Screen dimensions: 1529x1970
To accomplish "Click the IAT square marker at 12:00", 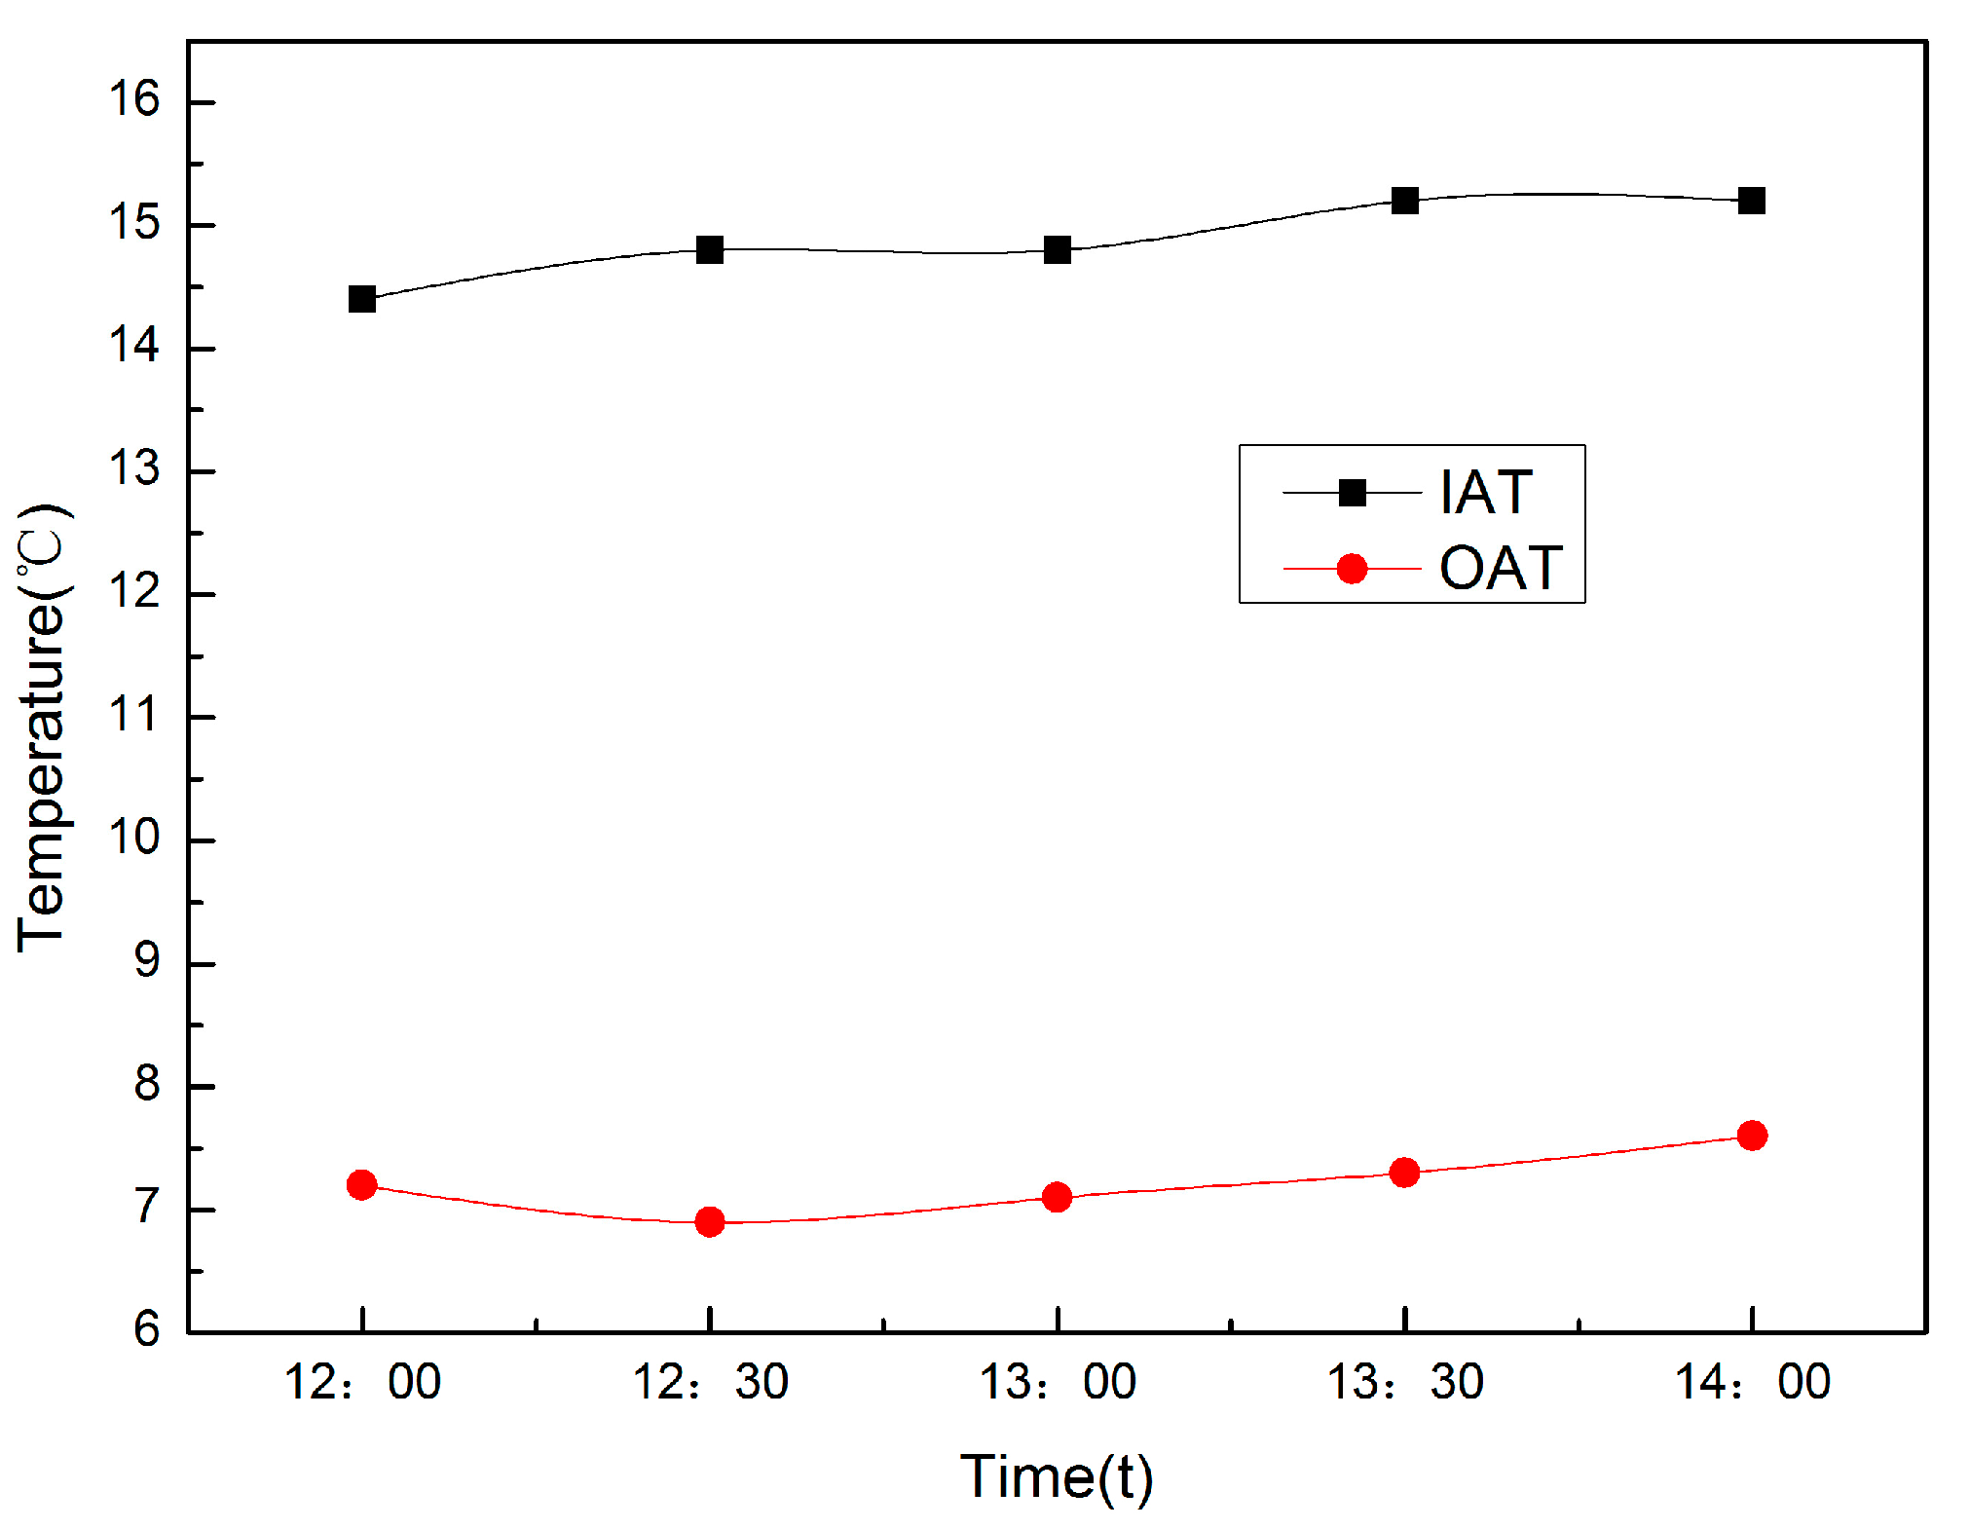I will (361, 299).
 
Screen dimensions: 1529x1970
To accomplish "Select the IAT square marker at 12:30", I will (710, 249).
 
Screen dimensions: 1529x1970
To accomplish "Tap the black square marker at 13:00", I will (1057, 249).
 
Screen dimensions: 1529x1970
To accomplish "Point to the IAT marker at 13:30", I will (1404, 201).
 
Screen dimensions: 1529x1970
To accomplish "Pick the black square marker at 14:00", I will (1751, 201).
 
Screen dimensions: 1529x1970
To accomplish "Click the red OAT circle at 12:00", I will (361, 1184).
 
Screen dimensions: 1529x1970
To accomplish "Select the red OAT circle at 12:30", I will (710, 1221).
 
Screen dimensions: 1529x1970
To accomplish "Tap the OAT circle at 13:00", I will (1057, 1197).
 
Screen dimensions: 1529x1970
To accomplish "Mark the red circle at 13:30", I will (1404, 1172).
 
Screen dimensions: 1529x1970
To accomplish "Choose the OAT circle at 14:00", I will (1751, 1136).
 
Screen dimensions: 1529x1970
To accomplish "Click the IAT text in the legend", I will (1486, 493).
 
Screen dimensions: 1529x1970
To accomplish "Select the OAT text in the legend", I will (1501, 568).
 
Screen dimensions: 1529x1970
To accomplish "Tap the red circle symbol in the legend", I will (1352, 568).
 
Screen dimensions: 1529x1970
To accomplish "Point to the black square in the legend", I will (1352, 493).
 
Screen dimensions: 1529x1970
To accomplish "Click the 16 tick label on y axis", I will (133, 99).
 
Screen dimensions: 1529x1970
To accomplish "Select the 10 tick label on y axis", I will (133, 838).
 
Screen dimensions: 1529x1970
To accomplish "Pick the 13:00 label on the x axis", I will (1057, 1382).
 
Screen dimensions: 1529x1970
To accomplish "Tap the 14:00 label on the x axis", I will (1751, 1382).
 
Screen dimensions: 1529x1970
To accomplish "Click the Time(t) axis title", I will (1057, 1476).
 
